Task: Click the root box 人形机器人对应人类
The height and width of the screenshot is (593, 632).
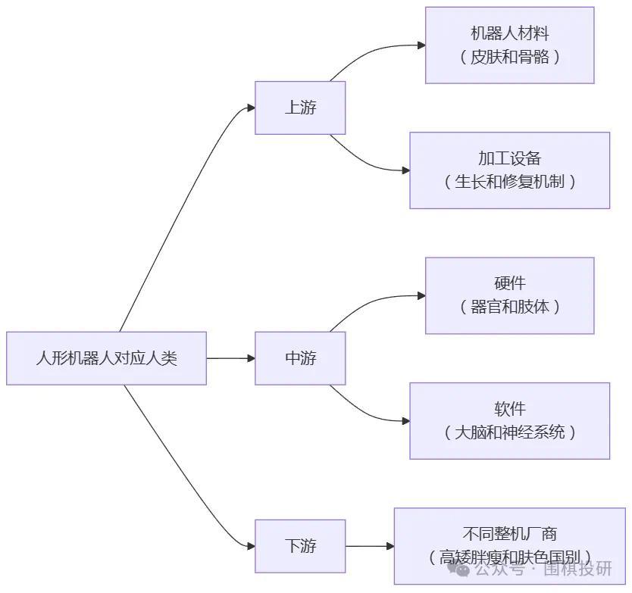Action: click(106, 358)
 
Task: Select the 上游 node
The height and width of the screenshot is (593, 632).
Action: click(300, 108)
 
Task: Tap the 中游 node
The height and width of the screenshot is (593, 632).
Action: click(300, 358)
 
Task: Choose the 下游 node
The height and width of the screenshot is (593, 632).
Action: click(300, 546)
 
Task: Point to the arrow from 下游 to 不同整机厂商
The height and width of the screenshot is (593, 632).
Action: click(370, 546)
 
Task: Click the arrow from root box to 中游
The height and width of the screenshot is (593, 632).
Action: click(230, 358)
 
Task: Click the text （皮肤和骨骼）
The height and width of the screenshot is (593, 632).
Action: click(509, 57)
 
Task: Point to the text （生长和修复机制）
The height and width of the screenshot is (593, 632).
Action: click(509, 182)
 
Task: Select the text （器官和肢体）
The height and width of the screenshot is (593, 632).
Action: click(509, 307)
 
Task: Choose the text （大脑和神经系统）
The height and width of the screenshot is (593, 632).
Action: click(509, 432)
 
